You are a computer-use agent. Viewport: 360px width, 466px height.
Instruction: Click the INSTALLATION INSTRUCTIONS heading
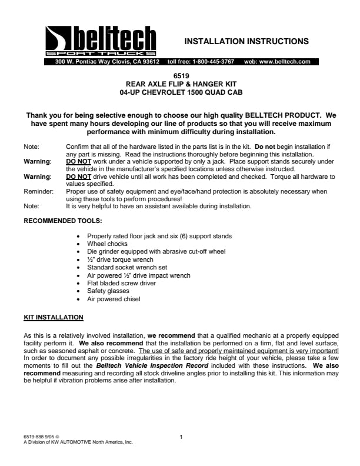246,41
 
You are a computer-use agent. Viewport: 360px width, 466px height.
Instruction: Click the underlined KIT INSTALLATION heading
53,318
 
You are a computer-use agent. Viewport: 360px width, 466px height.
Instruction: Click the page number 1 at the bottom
181,437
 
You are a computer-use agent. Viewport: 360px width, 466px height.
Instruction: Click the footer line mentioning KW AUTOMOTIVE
78,441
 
